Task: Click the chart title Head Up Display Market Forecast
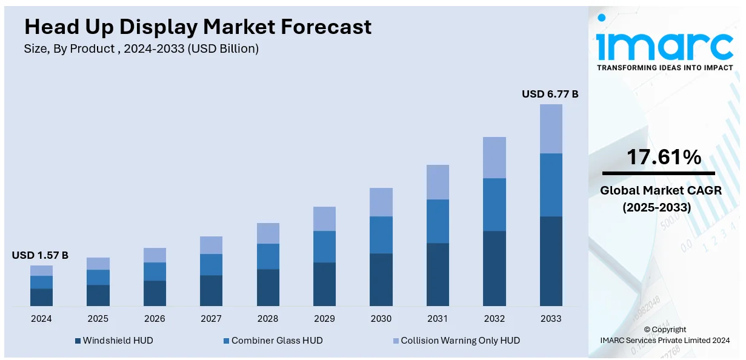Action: tap(198, 27)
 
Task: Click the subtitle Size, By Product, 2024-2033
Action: tap(141, 49)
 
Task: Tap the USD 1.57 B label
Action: tap(40, 255)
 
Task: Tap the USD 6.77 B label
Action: tap(550, 94)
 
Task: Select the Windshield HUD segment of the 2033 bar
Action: tap(551, 261)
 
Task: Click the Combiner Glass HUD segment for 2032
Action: tap(494, 204)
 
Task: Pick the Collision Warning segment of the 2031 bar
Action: tap(438, 182)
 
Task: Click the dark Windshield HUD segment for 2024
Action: tap(41, 297)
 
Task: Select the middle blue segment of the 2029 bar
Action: tap(324, 246)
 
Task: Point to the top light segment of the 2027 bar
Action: tap(211, 245)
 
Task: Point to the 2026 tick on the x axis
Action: tap(155, 319)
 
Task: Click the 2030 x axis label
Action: tap(381, 319)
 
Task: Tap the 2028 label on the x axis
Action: tap(268, 319)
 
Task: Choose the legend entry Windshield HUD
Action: tap(118, 341)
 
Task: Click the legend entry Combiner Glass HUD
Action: tap(277, 341)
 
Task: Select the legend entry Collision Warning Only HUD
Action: tap(460, 341)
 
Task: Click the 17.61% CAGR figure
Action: tap(664, 158)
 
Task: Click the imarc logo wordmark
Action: tap(665, 42)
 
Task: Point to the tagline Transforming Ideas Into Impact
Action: tap(665, 67)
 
